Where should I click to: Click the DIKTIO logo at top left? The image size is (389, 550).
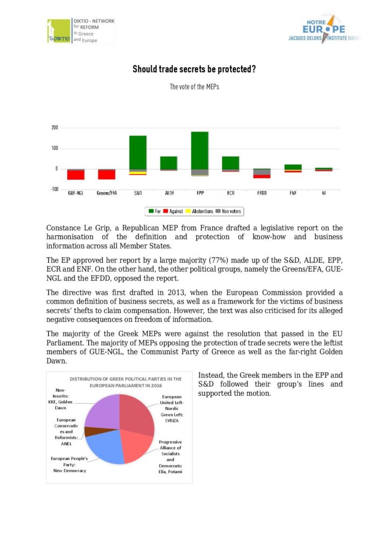(81, 31)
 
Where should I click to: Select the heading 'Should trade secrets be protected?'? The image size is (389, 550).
(194, 69)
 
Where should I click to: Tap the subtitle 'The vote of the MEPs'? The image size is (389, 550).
(194, 86)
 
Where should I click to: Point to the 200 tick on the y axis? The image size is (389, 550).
(54, 128)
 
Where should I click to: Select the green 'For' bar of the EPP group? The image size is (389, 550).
(200, 150)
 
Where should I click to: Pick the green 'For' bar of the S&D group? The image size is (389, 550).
(138, 153)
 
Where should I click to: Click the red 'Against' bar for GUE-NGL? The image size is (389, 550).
(76, 175)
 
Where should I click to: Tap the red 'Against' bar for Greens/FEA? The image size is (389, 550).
(106, 175)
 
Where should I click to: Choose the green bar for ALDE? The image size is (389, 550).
(169, 163)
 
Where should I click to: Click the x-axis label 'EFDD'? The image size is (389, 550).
(262, 192)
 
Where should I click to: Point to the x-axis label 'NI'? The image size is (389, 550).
(324, 192)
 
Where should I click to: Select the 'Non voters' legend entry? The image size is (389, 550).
(229, 212)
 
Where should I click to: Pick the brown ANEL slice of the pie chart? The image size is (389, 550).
(92, 431)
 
